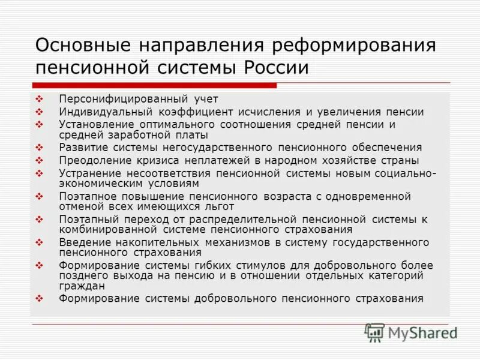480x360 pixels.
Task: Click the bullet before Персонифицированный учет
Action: (40, 98)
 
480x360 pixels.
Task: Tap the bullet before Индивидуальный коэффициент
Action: (40, 112)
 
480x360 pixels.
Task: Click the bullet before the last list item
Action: (40, 298)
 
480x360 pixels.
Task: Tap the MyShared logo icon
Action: (375, 332)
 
